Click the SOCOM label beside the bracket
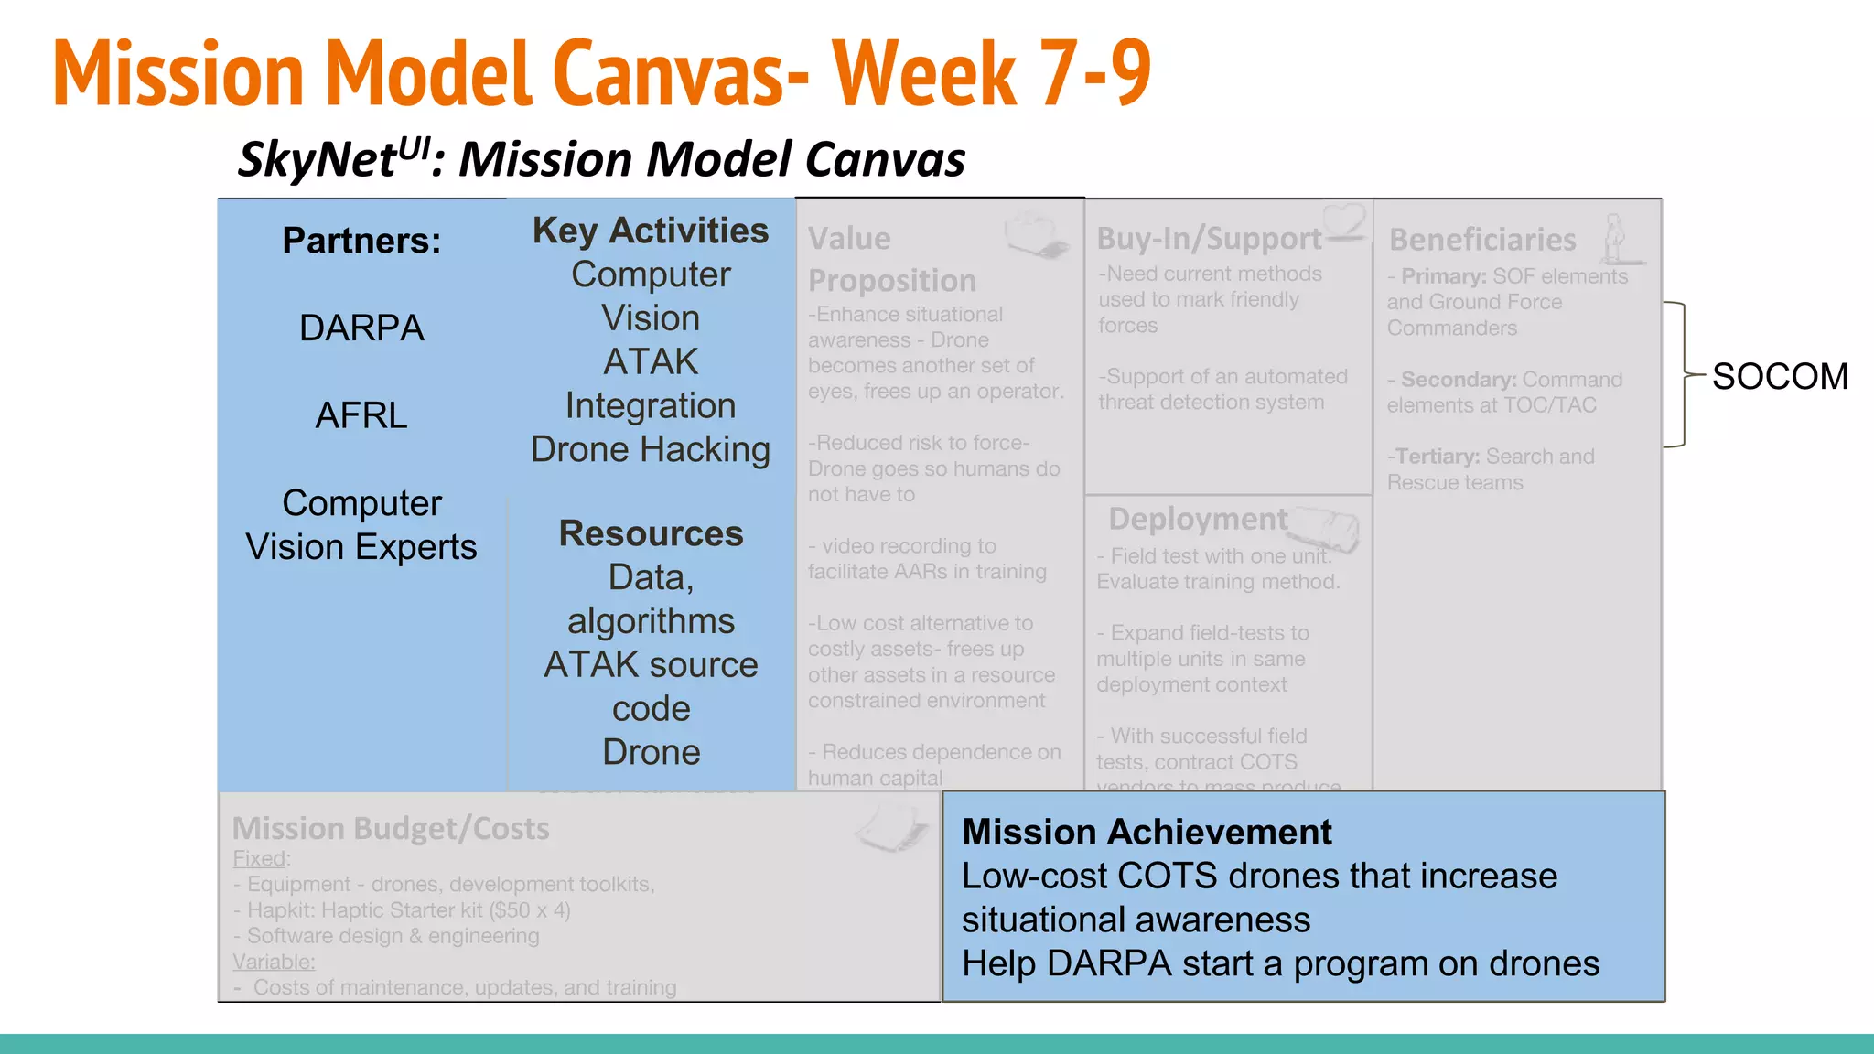[1780, 376]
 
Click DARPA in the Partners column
[361, 328]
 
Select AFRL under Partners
[361, 415]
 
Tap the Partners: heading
[361, 241]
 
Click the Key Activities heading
[651, 231]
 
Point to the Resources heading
[651, 533]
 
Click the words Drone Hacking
[651, 449]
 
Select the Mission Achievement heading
[1147, 832]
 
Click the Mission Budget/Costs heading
[391, 828]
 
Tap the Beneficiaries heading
[1482, 240]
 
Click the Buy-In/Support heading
[1209, 239]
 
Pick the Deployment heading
[1198, 519]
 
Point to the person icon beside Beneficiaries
[1616, 238]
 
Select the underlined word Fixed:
[261, 858]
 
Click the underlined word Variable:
[274, 962]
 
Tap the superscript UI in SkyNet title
[415, 146]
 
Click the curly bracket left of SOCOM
[1680, 374]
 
